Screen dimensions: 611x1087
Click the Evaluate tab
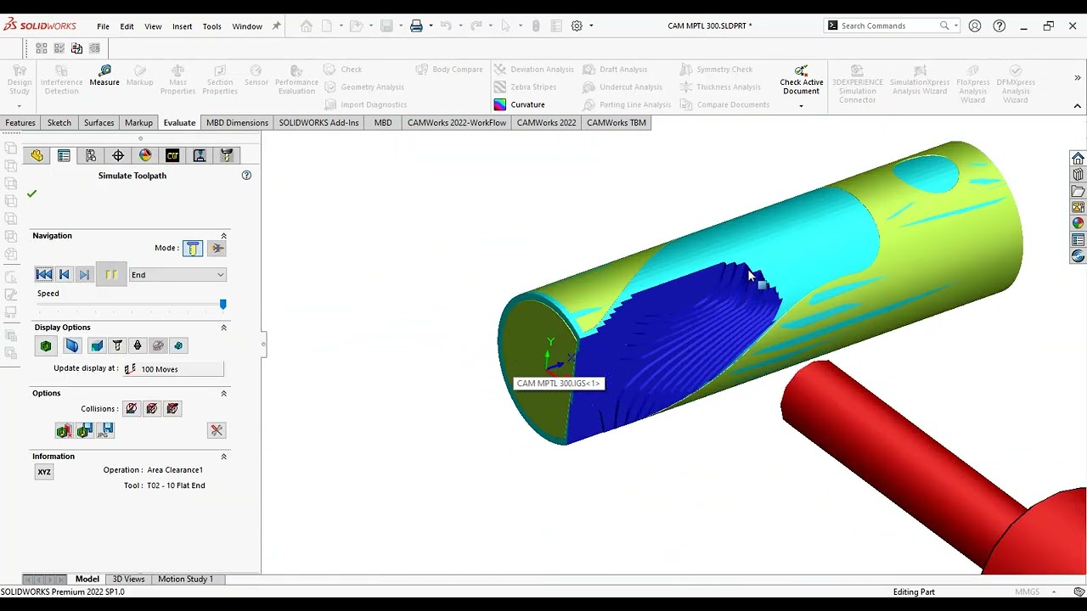pyautogui.click(x=179, y=123)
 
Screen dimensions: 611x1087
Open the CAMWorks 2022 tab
pyautogui.click(x=546, y=123)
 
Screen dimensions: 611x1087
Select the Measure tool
pyautogui.click(x=104, y=76)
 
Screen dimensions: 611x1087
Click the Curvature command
pyautogui.click(x=527, y=104)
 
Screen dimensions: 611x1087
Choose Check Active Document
pyautogui.click(x=801, y=81)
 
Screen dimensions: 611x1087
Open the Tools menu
pyautogui.click(x=211, y=26)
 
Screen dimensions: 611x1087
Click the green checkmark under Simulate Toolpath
pyautogui.click(x=32, y=193)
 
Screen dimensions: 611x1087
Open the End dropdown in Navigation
pyautogui.click(x=177, y=275)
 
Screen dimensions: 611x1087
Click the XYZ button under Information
pyautogui.click(x=44, y=472)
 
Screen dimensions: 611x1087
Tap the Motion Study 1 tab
pyautogui.click(x=185, y=579)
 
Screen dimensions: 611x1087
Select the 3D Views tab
pyautogui.click(x=128, y=579)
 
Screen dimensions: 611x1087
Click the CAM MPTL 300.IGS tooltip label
pyautogui.click(x=558, y=384)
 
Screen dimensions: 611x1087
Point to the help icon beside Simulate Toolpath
pyautogui.click(x=246, y=176)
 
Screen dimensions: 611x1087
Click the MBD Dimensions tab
pyautogui.click(x=237, y=123)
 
